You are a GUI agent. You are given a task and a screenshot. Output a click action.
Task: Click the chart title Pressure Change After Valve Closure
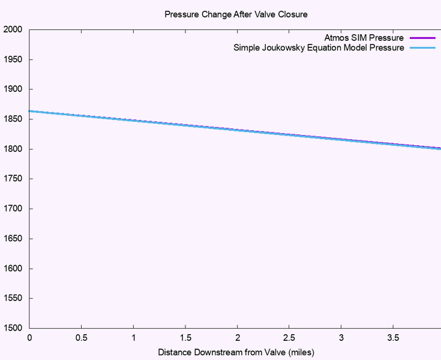pyautogui.click(x=236, y=14)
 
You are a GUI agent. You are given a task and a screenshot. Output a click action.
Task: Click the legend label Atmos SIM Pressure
pyautogui.click(x=364, y=38)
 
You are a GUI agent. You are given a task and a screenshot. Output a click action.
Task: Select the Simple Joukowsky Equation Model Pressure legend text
pyautogui.click(x=319, y=48)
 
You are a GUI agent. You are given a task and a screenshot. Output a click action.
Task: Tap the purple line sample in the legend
pyautogui.click(x=422, y=38)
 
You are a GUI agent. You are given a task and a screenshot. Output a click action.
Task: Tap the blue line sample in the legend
pyautogui.click(x=422, y=48)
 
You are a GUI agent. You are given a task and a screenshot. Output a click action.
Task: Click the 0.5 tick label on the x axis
pyautogui.click(x=82, y=338)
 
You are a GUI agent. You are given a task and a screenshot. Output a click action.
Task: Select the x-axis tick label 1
pyautogui.click(x=133, y=338)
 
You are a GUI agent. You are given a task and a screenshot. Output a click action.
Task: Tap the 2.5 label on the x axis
pyautogui.click(x=289, y=338)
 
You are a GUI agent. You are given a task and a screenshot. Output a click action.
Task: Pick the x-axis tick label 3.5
pyautogui.click(x=393, y=338)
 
